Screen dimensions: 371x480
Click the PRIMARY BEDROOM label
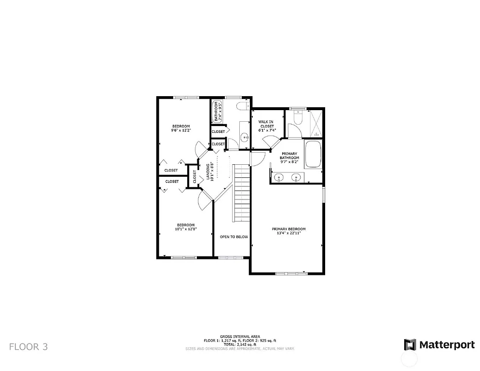tap(288, 229)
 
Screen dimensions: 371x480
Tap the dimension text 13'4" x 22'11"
tap(288, 233)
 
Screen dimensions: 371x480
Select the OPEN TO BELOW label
tap(234, 237)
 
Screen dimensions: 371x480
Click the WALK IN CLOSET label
tap(266, 124)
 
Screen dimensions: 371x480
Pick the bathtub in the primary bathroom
tap(313, 154)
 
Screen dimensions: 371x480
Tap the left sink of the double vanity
tap(279, 178)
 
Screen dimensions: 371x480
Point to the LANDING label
tap(208, 172)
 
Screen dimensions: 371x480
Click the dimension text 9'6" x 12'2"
tap(181, 130)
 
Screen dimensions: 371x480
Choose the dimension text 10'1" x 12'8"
tap(186, 229)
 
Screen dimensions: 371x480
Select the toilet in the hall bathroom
tap(242, 106)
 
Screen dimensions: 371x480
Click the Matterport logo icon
tap(410, 344)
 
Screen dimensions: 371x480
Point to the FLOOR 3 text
tap(28, 346)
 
